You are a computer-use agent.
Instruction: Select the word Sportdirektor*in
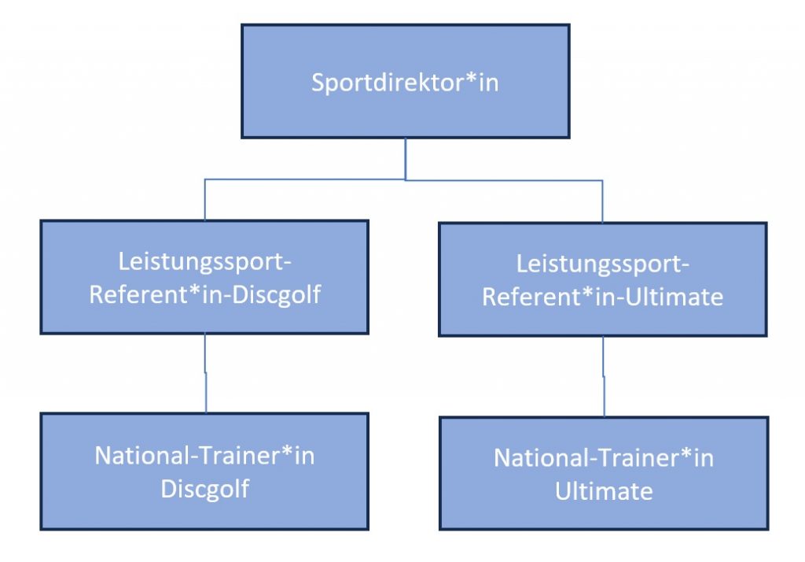tap(405, 83)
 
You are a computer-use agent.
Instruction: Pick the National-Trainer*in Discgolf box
tap(204, 512)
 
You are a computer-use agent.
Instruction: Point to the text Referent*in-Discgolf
tap(204, 297)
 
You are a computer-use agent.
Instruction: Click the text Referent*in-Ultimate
tap(602, 298)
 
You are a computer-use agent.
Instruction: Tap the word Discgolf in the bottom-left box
tap(204, 488)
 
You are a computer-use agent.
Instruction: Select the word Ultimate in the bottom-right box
tap(604, 492)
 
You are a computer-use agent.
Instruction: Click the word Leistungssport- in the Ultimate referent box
tap(602, 262)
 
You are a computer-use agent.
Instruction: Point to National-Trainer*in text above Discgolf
tap(204, 456)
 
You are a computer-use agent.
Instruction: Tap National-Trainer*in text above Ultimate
tap(604, 458)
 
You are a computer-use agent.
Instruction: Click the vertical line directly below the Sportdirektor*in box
tap(405, 157)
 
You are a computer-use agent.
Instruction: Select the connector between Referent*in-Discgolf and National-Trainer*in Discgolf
tap(205, 373)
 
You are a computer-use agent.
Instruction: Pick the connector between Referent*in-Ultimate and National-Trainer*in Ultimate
tap(603, 376)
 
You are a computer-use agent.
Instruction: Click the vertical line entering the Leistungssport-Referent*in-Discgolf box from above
tap(204, 200)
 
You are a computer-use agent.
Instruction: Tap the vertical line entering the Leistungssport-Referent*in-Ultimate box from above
tap(602, 201)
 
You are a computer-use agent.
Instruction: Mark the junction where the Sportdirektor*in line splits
tap(405, 179)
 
